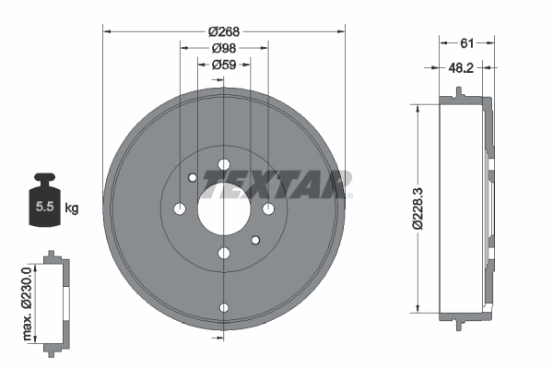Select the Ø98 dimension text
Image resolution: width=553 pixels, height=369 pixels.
[223, 48]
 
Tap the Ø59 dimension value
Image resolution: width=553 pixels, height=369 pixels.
[223, 65]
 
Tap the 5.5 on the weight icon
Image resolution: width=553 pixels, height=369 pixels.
[43, 208]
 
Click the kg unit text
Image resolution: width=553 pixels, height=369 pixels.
[72, 208]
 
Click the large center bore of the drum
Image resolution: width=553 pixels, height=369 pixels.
[223, 209]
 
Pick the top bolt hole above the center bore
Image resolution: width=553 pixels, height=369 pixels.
[224, 166]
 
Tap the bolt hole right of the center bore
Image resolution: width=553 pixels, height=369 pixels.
[268, 209]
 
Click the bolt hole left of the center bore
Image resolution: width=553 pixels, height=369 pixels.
[180, 209]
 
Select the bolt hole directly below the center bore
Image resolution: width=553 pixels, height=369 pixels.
[224, 254]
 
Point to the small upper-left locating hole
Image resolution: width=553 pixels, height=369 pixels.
[192, 178]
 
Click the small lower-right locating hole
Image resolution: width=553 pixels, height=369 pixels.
[255, 241]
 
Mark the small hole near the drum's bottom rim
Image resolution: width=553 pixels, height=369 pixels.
[224, 308]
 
